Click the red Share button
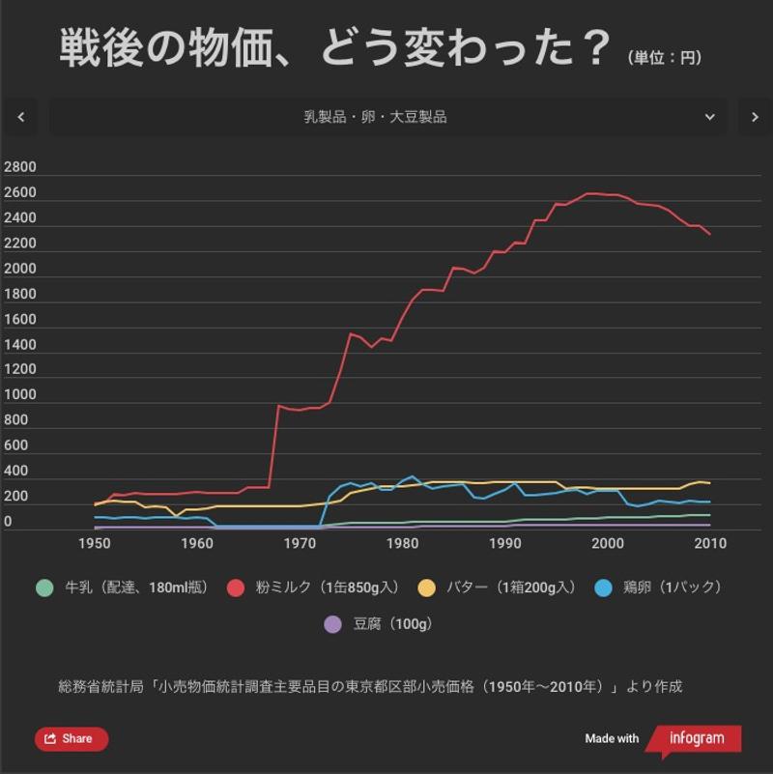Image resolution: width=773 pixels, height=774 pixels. pyautogui.click(x=72, y=739)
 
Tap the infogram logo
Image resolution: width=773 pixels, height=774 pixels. pyautogui.click(x=695, y=739)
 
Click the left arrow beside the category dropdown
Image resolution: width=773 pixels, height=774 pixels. pyautogui.click(x=21, y=117)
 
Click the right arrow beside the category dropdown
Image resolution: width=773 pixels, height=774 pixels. pyautogui.click(x=755, y=117)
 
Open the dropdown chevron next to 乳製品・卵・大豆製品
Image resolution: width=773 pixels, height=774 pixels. pyautogui.click(x=710, y=117)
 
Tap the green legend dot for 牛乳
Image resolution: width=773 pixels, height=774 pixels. pyautogui.click(x=43, y=588)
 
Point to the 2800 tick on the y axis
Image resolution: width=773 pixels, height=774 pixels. pyautogui.click(x=20, y=167)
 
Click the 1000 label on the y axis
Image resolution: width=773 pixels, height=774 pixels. pyautogui.click(x=20, y=395)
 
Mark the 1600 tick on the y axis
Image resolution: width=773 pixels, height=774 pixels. pyautogui.click(x=20, y=320)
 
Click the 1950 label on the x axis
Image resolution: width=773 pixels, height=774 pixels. pyautogui.click(x=95, y=543)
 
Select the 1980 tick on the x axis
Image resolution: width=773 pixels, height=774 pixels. pyautogui.click(x=402, y=543)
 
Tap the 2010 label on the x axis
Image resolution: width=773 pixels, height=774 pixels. pyautogui.click(x=710, y=543)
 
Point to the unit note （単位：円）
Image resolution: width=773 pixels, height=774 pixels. pyautogui.click(x=665, y=58)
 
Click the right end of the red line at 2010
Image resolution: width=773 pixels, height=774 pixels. pyautogui.click(x=710, y=234)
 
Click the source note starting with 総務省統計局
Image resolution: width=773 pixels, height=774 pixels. pyautogui.click(x=370, y=687)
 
